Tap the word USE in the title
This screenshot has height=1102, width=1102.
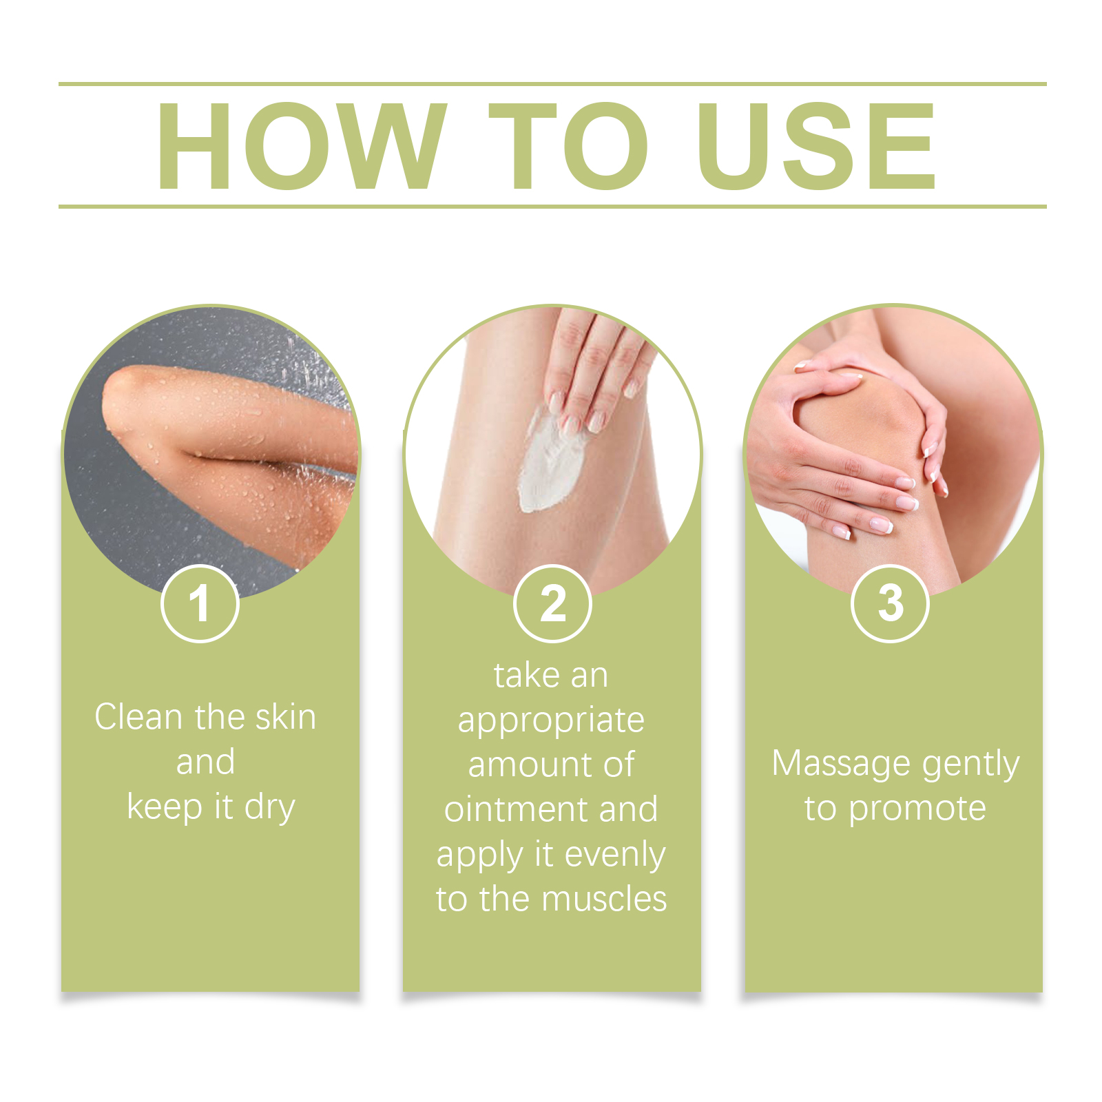click(x=816, y=145)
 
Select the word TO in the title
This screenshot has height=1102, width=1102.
click(x=568, y=145)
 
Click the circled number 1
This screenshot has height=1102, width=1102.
click(x=200, y=603)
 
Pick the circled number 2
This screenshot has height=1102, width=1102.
click(x=552, y=603)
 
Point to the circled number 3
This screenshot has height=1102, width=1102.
click(x=891, y=603)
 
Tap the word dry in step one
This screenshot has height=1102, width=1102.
click(x=269, y=808)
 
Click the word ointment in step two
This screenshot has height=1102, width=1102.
click(x=517, y=809)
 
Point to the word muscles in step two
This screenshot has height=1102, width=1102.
click(x=604, y=899)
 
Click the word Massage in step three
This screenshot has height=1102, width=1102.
click(x=841, y=765)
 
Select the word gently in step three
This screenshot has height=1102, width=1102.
click(x=970, y=765)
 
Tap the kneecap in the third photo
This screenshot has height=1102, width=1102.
click(x=861, y=420)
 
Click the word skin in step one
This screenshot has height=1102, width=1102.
click(x=285, y=717)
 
